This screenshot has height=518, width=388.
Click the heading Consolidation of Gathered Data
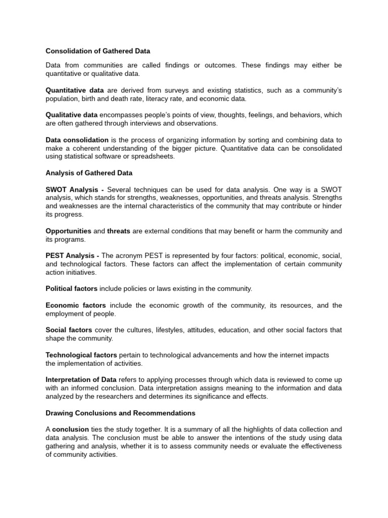98,51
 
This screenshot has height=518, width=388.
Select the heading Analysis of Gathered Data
89,173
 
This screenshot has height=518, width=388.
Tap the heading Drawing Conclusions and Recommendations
120,413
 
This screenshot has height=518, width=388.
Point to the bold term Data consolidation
77,140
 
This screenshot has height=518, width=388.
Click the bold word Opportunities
68,231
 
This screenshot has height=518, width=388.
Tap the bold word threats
119,231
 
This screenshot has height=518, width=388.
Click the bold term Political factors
71,288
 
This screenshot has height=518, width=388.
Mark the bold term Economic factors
76,305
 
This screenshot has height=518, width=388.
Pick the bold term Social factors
69,330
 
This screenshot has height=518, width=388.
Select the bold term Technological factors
81,355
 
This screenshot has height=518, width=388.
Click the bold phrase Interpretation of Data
81,379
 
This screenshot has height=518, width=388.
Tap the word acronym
129,256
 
